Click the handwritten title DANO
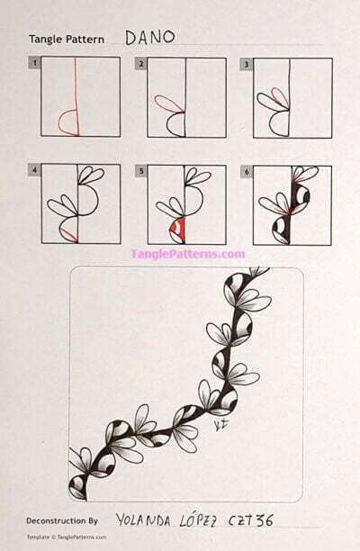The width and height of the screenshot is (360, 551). click(149, 37)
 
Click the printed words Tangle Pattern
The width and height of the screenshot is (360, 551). click(66, 40)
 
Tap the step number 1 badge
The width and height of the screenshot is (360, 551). click(34, 64)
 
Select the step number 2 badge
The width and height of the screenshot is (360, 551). click(140, 64)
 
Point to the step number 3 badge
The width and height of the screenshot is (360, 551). click(246, 64)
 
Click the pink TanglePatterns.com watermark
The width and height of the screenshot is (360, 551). click(187, 254)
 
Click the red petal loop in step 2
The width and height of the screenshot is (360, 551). click(167, 104)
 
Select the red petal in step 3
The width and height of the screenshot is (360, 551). click(279, 96)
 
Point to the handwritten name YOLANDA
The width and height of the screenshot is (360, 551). click(147, 519)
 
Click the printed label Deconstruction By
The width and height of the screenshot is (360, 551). click(62, 520)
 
